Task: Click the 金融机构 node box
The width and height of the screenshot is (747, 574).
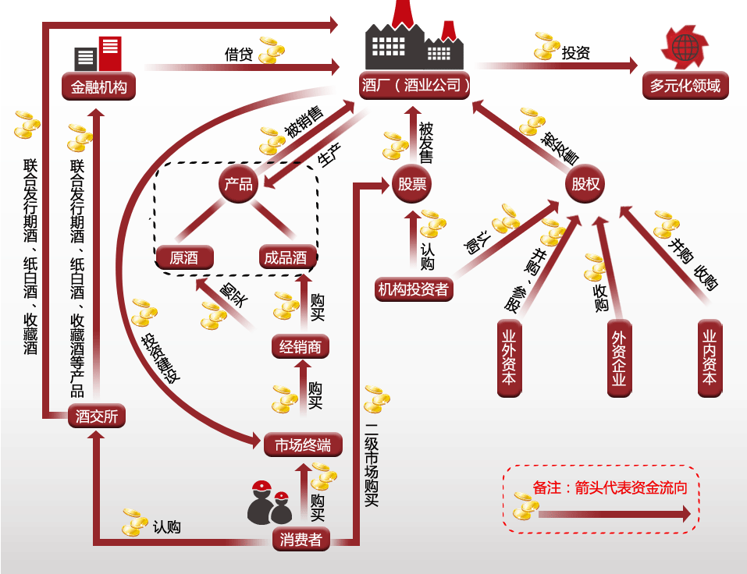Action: [x=98, y=87]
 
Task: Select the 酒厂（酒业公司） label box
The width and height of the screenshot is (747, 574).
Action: [x=415, y=85]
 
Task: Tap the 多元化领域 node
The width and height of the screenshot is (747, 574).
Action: [x=685, y=85]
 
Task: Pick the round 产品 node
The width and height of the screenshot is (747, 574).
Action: [x=238, y=184]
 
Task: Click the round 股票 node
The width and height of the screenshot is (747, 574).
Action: [x=411, y=184]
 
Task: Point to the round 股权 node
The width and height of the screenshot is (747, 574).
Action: [x=585, y=184]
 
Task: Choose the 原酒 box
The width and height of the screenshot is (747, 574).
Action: [x=184, y=257]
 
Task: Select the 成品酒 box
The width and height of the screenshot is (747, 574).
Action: [x=286, y=257]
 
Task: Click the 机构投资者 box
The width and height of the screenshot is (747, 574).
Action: [x=414, y=289]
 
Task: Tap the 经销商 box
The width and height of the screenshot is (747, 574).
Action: [x=301, y=346]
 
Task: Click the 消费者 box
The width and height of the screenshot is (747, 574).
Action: [x=301, y=540]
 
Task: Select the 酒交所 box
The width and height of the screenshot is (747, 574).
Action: [x=97, y=416]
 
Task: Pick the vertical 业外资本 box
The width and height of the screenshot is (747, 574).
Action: [x=509, y=358]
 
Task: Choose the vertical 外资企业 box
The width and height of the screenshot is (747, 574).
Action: [x=619, y=358]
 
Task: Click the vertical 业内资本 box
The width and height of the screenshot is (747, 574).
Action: [x=709, y=358]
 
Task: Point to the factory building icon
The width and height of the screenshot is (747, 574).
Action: [x=414, y=43]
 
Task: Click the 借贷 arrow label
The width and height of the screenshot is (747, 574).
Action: [x=239, y=54]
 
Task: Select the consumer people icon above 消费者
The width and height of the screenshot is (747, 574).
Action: [x=269, y=503]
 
